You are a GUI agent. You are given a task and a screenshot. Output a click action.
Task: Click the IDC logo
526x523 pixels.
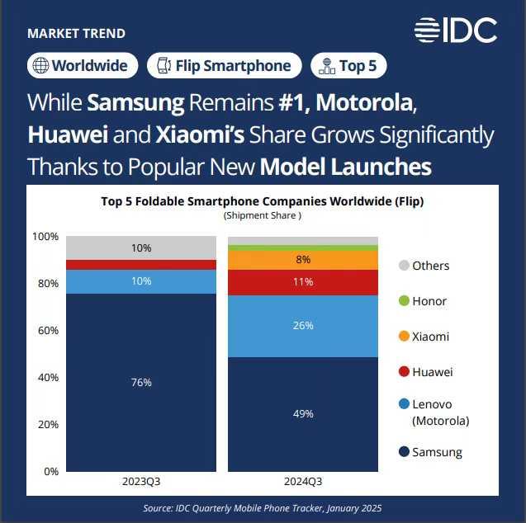click(455, 31)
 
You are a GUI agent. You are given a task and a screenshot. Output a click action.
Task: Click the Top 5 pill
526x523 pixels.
click(348, 66)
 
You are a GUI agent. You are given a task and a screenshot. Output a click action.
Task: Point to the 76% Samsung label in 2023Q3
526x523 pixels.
click(141, 383)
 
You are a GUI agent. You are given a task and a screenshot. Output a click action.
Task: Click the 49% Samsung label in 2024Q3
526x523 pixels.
click(303, 414)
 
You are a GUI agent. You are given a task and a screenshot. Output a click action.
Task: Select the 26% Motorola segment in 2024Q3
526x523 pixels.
click(303, 326)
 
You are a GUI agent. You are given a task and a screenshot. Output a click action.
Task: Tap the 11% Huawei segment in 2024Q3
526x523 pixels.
click(303, 282)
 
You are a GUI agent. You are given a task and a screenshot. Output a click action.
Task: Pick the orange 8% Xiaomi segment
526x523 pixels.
click(303, 260)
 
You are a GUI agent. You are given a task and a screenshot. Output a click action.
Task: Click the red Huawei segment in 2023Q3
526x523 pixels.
click(141, 265)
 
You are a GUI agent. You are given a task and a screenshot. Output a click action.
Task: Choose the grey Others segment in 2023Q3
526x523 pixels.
click(141, 247)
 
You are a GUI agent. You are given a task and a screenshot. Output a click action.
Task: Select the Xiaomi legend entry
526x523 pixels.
click(424, 337)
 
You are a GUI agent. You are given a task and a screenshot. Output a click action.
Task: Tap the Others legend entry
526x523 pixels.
click(424, 266)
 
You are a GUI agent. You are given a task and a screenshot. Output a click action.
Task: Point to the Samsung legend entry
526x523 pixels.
click(430, 452)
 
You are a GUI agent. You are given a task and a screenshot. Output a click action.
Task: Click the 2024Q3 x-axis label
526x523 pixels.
click(303, 482)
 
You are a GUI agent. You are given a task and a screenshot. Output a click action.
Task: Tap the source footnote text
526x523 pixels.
click(262, 508)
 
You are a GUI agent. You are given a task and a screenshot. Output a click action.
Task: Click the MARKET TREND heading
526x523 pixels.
click(76, 34)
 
